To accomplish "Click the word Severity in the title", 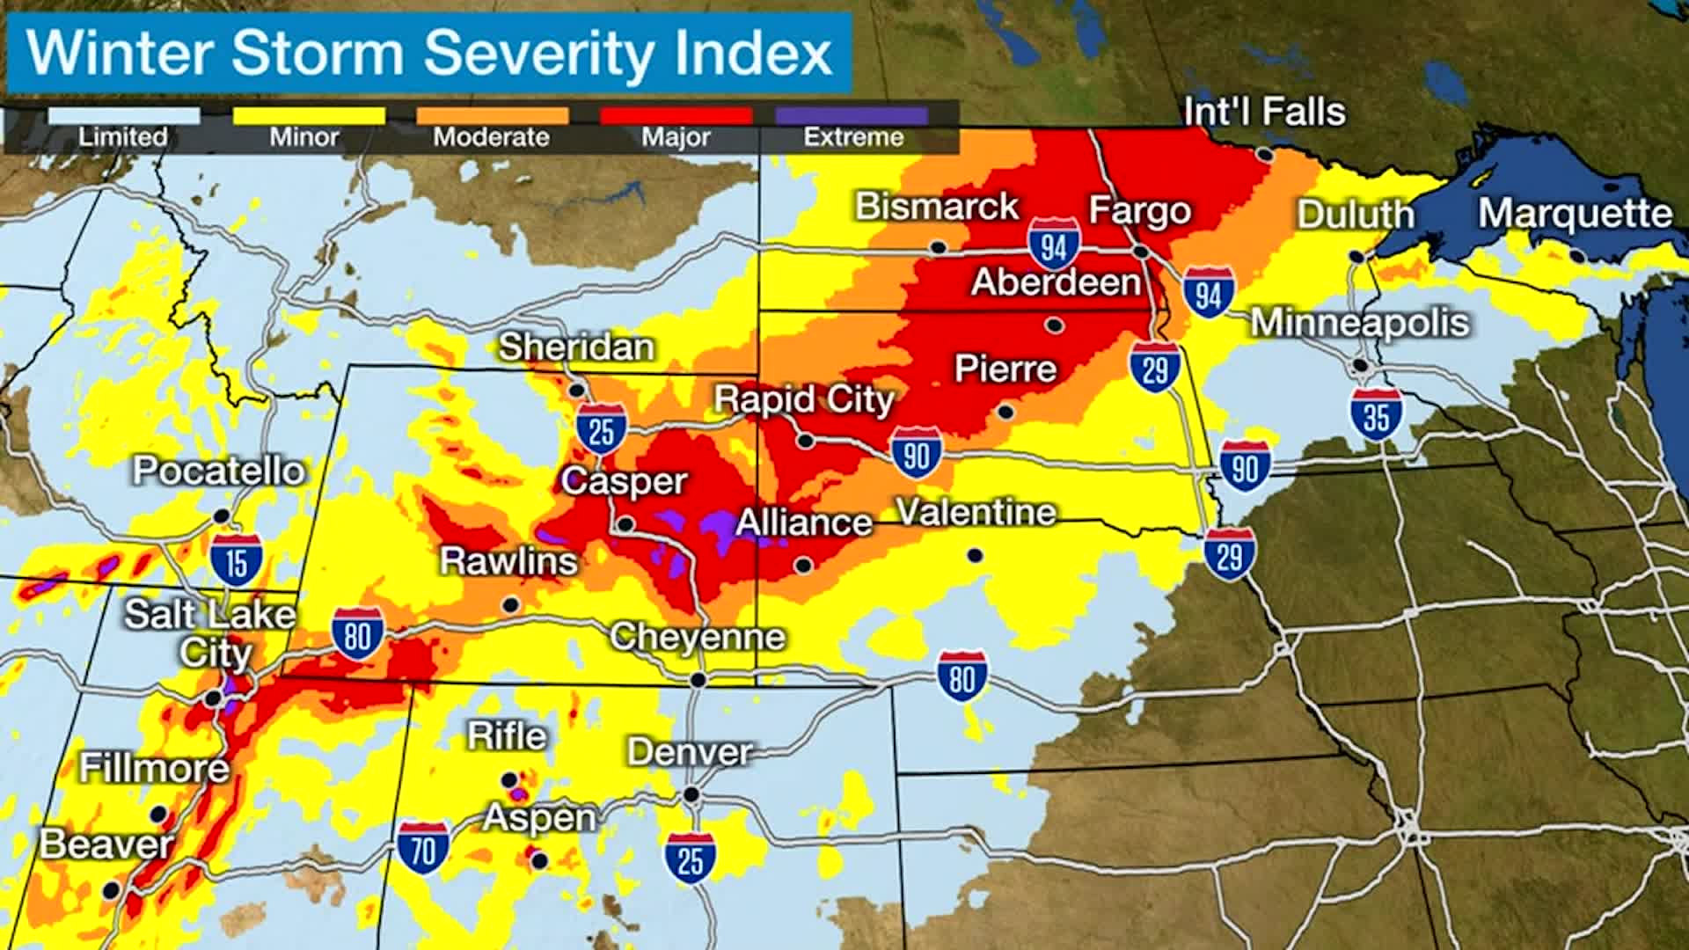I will click(538, 53).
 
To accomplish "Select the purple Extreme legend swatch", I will click(852, 116).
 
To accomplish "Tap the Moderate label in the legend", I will click(491, 137).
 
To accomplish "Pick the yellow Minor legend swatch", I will click(308, 116).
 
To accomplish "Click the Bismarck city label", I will click(937, 207).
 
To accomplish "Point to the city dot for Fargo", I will click(1141, 252).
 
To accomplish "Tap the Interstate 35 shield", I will click(1377, 414).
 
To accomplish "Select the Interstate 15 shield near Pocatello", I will click(237, 560).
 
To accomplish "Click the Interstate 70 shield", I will click(423, 848).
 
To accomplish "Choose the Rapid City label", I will click(803, 400).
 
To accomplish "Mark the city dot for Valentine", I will click(975, 555).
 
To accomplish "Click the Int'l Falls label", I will click(1264, 113).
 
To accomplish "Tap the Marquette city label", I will click(1575, 214).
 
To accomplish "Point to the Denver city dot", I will click(691, 794).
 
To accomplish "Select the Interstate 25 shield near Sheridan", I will click(602, 429).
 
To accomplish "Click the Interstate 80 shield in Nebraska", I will click(961, 677).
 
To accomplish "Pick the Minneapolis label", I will click(1360, 323).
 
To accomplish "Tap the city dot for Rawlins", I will click(510, 605).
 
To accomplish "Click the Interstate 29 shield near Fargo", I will click(1155, 367).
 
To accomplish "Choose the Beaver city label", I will click(106, 845).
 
